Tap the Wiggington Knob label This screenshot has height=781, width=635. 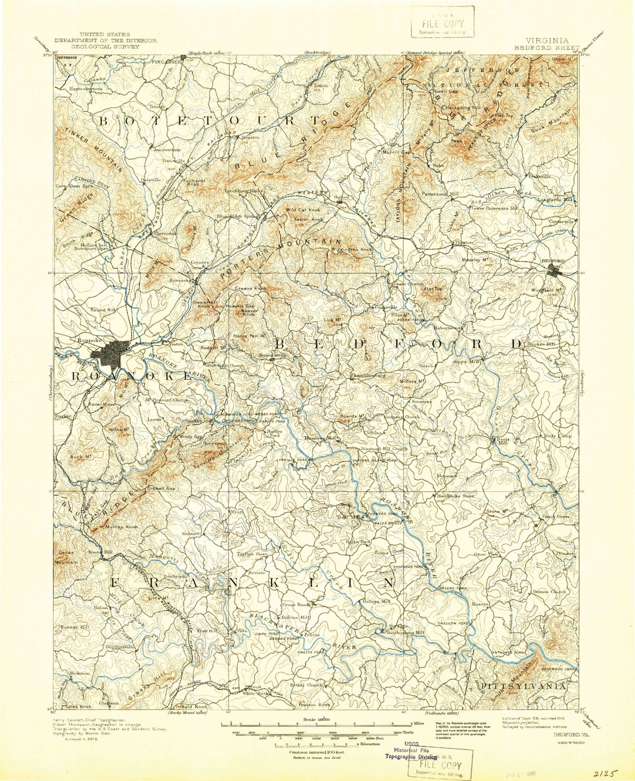pos(351,250)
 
